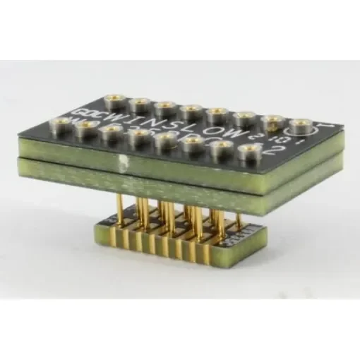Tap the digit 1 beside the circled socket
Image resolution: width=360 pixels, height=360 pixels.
tap(320, 128)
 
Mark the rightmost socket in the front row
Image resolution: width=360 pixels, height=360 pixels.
tap(248, 150)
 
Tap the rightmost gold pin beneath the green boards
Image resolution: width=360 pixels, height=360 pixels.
tap(227, 219)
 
